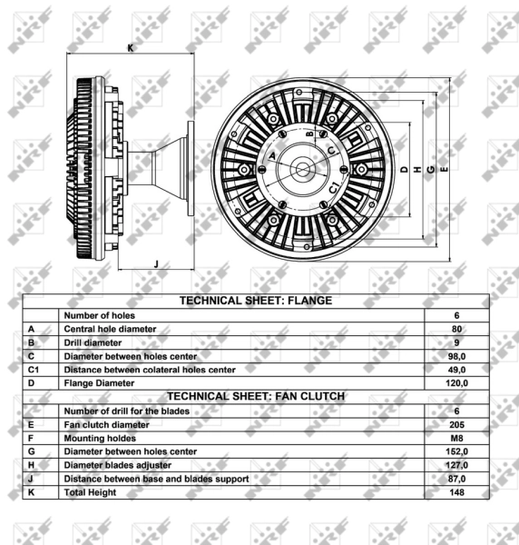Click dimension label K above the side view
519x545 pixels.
[x=131, y=48]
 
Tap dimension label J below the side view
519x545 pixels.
[x=156, y=264]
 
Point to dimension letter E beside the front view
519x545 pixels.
[x=444, y=169]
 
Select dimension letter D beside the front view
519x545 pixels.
[x=404, y=169]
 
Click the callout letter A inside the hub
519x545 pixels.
[x=272, y=155]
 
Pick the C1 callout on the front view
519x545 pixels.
[x=334, y=187]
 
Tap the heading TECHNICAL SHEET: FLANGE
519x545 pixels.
[x=256, y=301]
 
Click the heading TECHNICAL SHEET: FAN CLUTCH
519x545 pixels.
[x=256, y=396]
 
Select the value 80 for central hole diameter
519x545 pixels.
[x=457, y=329]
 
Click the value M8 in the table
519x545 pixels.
[x=457, y=438]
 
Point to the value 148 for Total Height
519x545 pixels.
[x=457, y=492]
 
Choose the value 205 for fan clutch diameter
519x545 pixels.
[x=457, y=424]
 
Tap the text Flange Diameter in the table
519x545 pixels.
[x=99, y=383]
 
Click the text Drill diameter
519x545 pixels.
[x=93, y=342]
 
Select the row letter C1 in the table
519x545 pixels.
[x=33, y=370]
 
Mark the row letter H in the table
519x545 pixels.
[x=31, y=465]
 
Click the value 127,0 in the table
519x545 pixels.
[x=457, y=465]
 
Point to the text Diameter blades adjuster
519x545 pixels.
[x=118, y=465]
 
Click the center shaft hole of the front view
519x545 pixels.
[x=303, y=170]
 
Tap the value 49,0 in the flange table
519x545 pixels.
[x=457, y=370]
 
